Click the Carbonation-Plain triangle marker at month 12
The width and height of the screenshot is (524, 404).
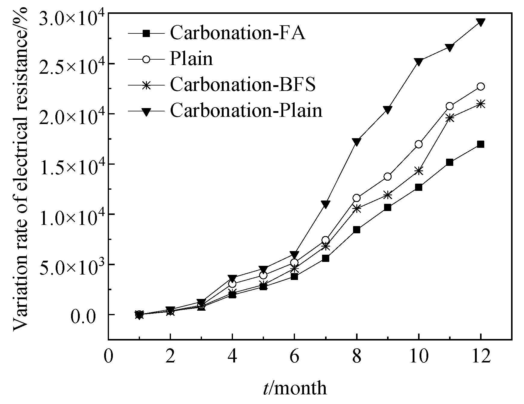point(481,22)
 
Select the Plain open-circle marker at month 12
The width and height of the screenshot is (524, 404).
point(481,87)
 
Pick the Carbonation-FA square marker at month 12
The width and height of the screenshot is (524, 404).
point(481,144)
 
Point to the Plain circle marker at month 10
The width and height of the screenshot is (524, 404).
point(419,145)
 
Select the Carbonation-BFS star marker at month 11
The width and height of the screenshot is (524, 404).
point(450,118)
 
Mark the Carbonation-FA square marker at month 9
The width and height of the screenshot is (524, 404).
point(388,207)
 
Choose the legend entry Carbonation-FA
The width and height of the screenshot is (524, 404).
point(237,33)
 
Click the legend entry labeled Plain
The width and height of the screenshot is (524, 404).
point(191,59)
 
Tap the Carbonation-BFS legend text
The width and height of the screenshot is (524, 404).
point(243,85)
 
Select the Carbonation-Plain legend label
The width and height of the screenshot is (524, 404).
point(246,110)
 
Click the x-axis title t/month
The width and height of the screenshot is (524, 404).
point(294,389)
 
